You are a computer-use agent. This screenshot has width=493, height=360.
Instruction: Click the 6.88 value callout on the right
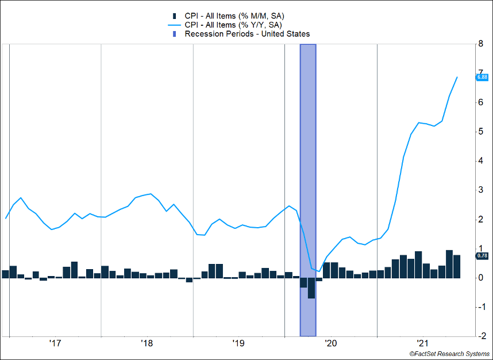482,77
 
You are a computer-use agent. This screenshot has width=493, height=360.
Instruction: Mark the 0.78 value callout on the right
482,255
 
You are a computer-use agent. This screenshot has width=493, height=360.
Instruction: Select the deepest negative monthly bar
311,288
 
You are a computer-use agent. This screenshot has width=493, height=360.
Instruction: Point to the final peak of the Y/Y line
457,77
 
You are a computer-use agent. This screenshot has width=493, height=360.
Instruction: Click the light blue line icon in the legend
175,25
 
